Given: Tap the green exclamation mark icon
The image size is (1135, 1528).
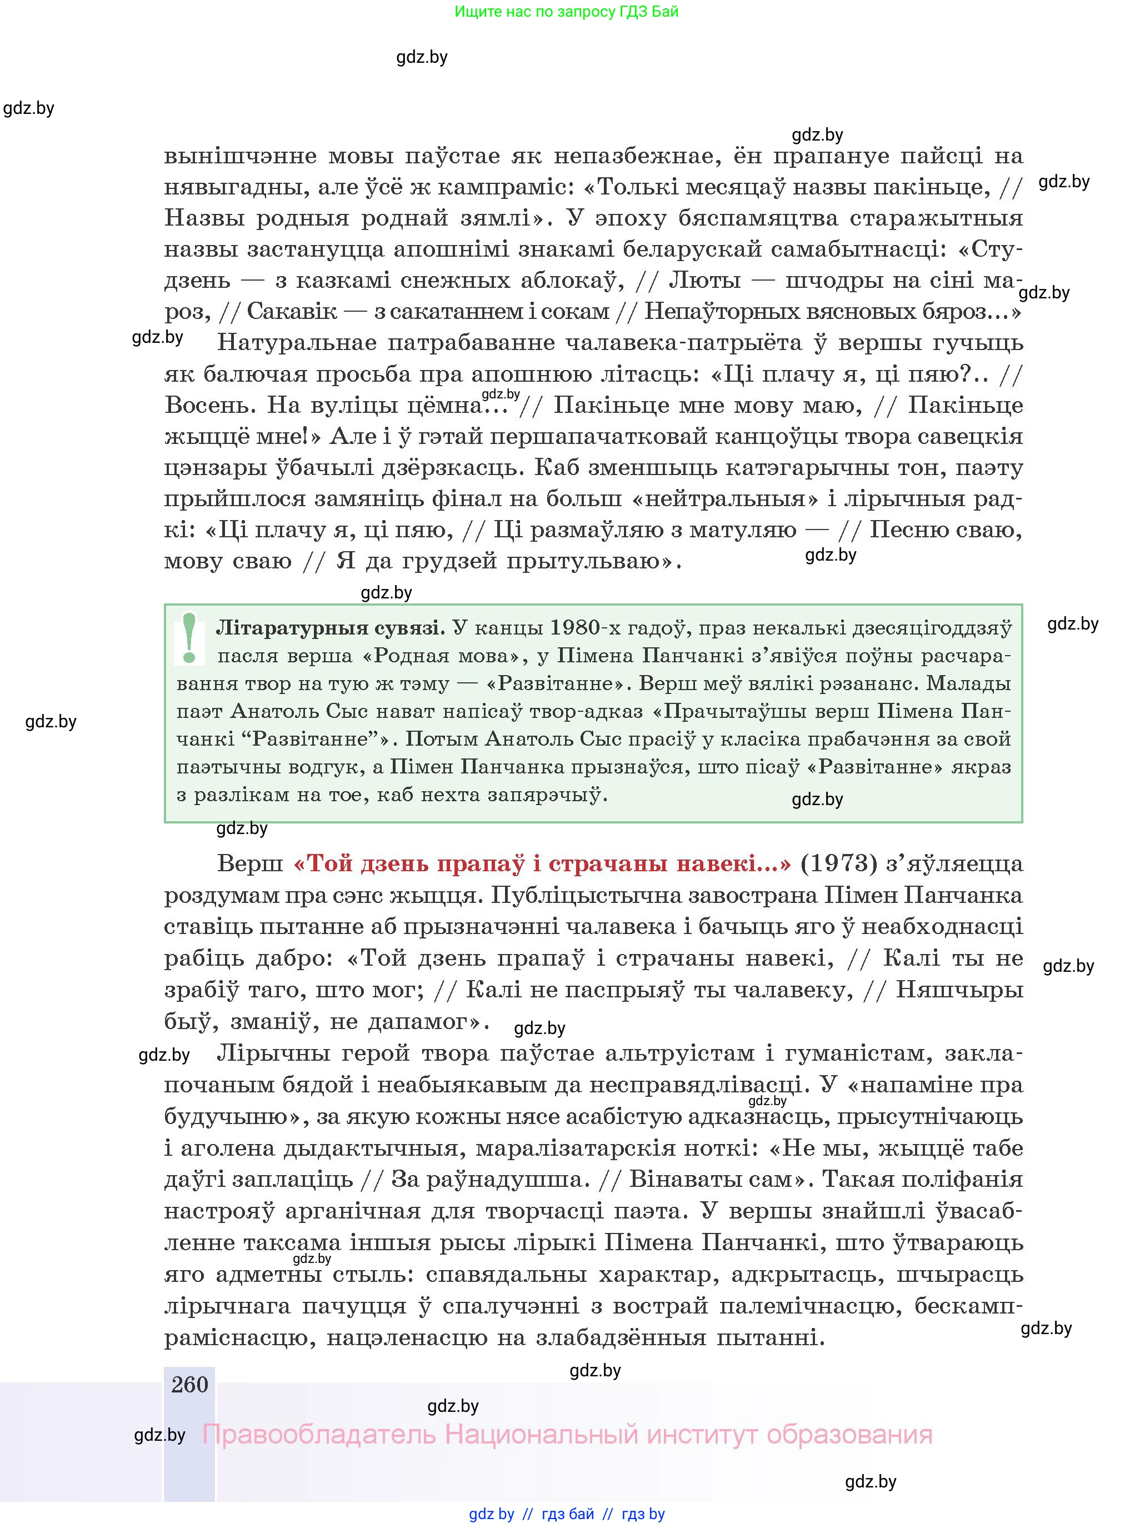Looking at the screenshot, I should (x=189, y=638).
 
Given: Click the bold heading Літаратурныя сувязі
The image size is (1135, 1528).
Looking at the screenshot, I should (x=331, y=628).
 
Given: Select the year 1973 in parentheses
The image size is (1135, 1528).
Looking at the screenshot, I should (x=839, y=863).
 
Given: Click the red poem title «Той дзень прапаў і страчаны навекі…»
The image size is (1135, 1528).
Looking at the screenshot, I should (x=542, y=863).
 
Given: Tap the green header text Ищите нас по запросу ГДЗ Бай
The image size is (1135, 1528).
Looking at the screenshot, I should (x=566, y=12).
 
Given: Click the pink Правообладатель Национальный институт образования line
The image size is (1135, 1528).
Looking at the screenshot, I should (x=567, y=1435).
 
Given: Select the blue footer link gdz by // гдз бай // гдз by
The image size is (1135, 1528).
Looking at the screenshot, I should (x=567, y=1514).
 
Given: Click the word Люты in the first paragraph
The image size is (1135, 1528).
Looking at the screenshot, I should (x=705, y=280).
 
